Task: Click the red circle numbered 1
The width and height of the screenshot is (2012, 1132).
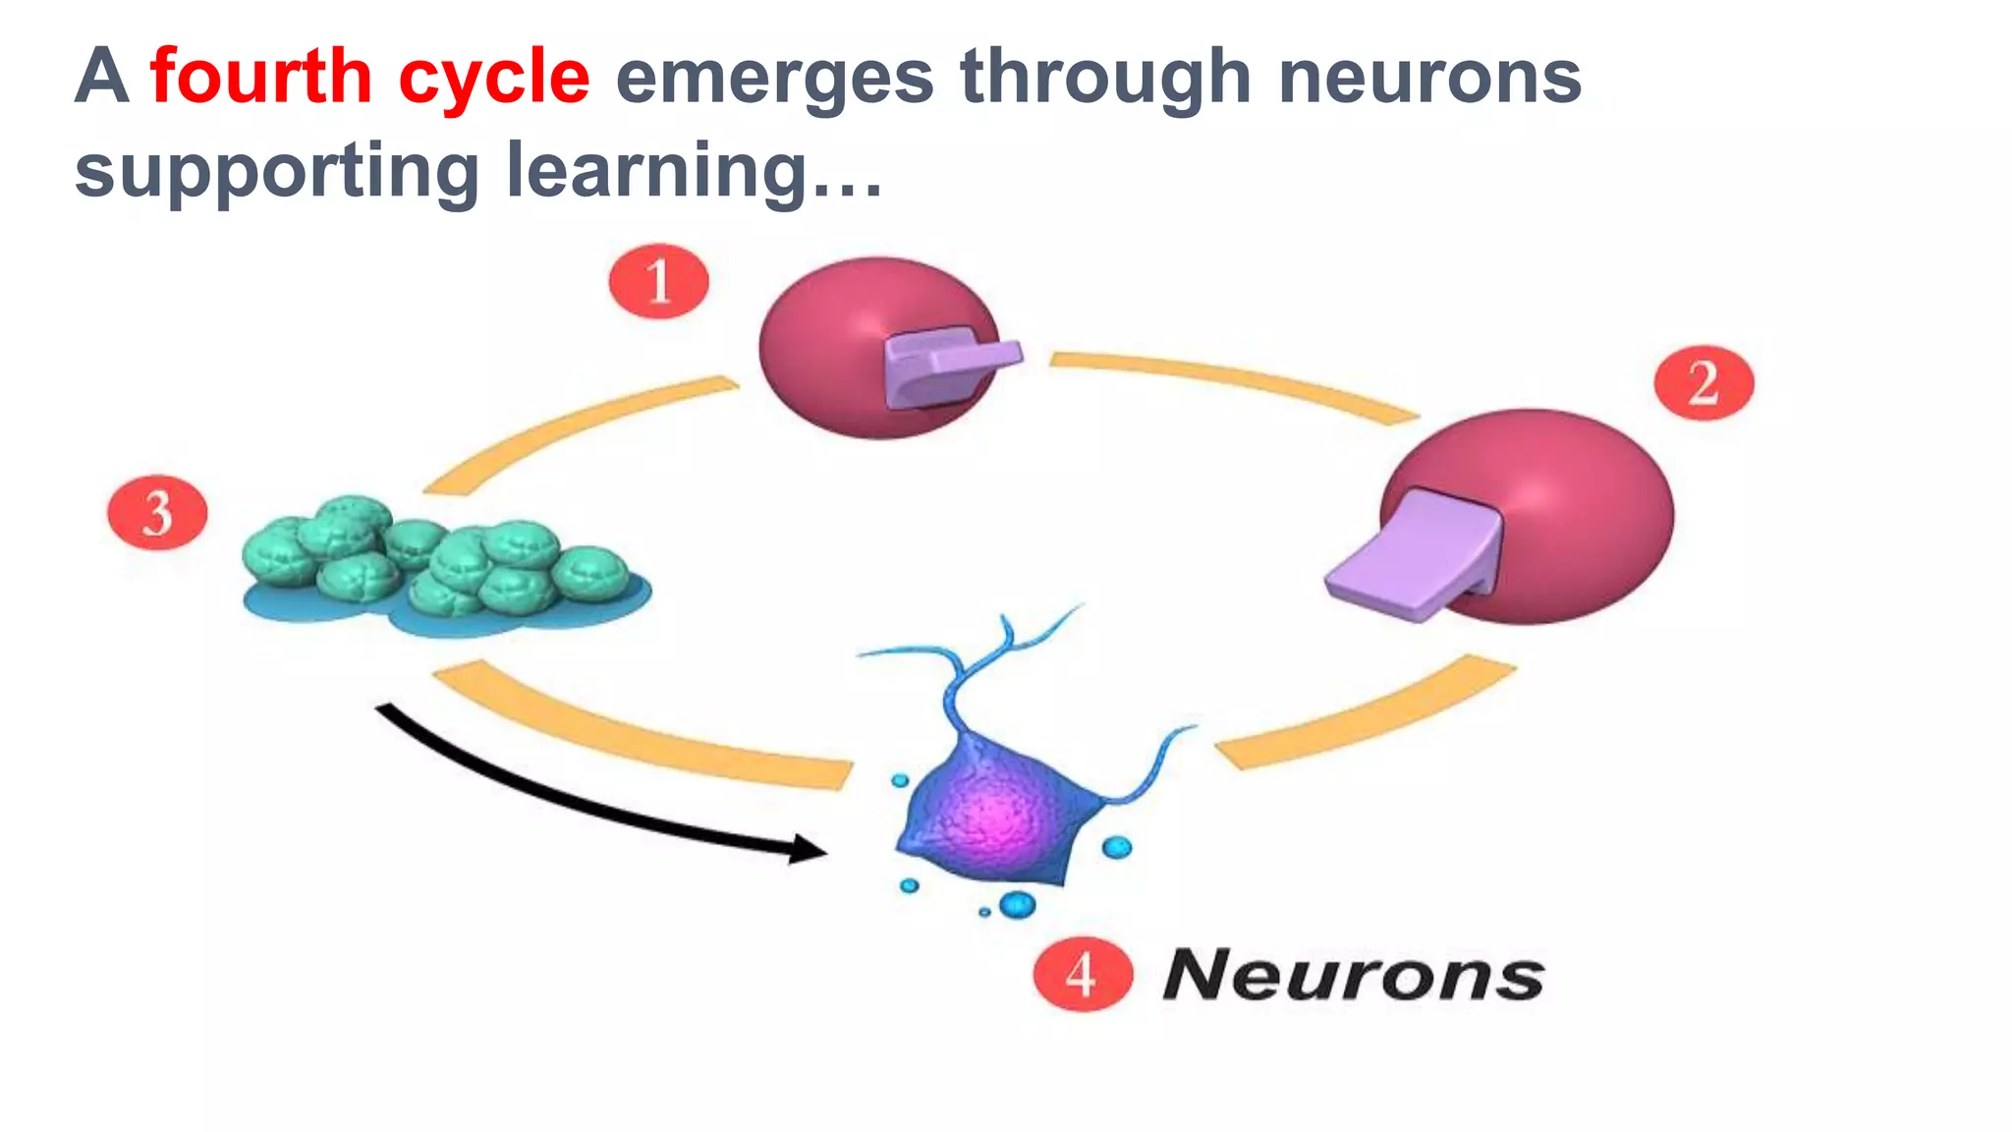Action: (658, 281)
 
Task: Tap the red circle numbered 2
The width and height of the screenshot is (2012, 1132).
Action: (1704, 382)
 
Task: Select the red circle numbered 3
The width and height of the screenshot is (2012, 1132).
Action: (157, 513)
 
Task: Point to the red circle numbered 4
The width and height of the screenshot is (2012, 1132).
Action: (1083, 974)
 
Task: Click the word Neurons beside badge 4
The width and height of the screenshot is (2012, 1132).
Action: (1353, 976)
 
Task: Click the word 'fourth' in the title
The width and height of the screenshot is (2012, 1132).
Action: (260, 77)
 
